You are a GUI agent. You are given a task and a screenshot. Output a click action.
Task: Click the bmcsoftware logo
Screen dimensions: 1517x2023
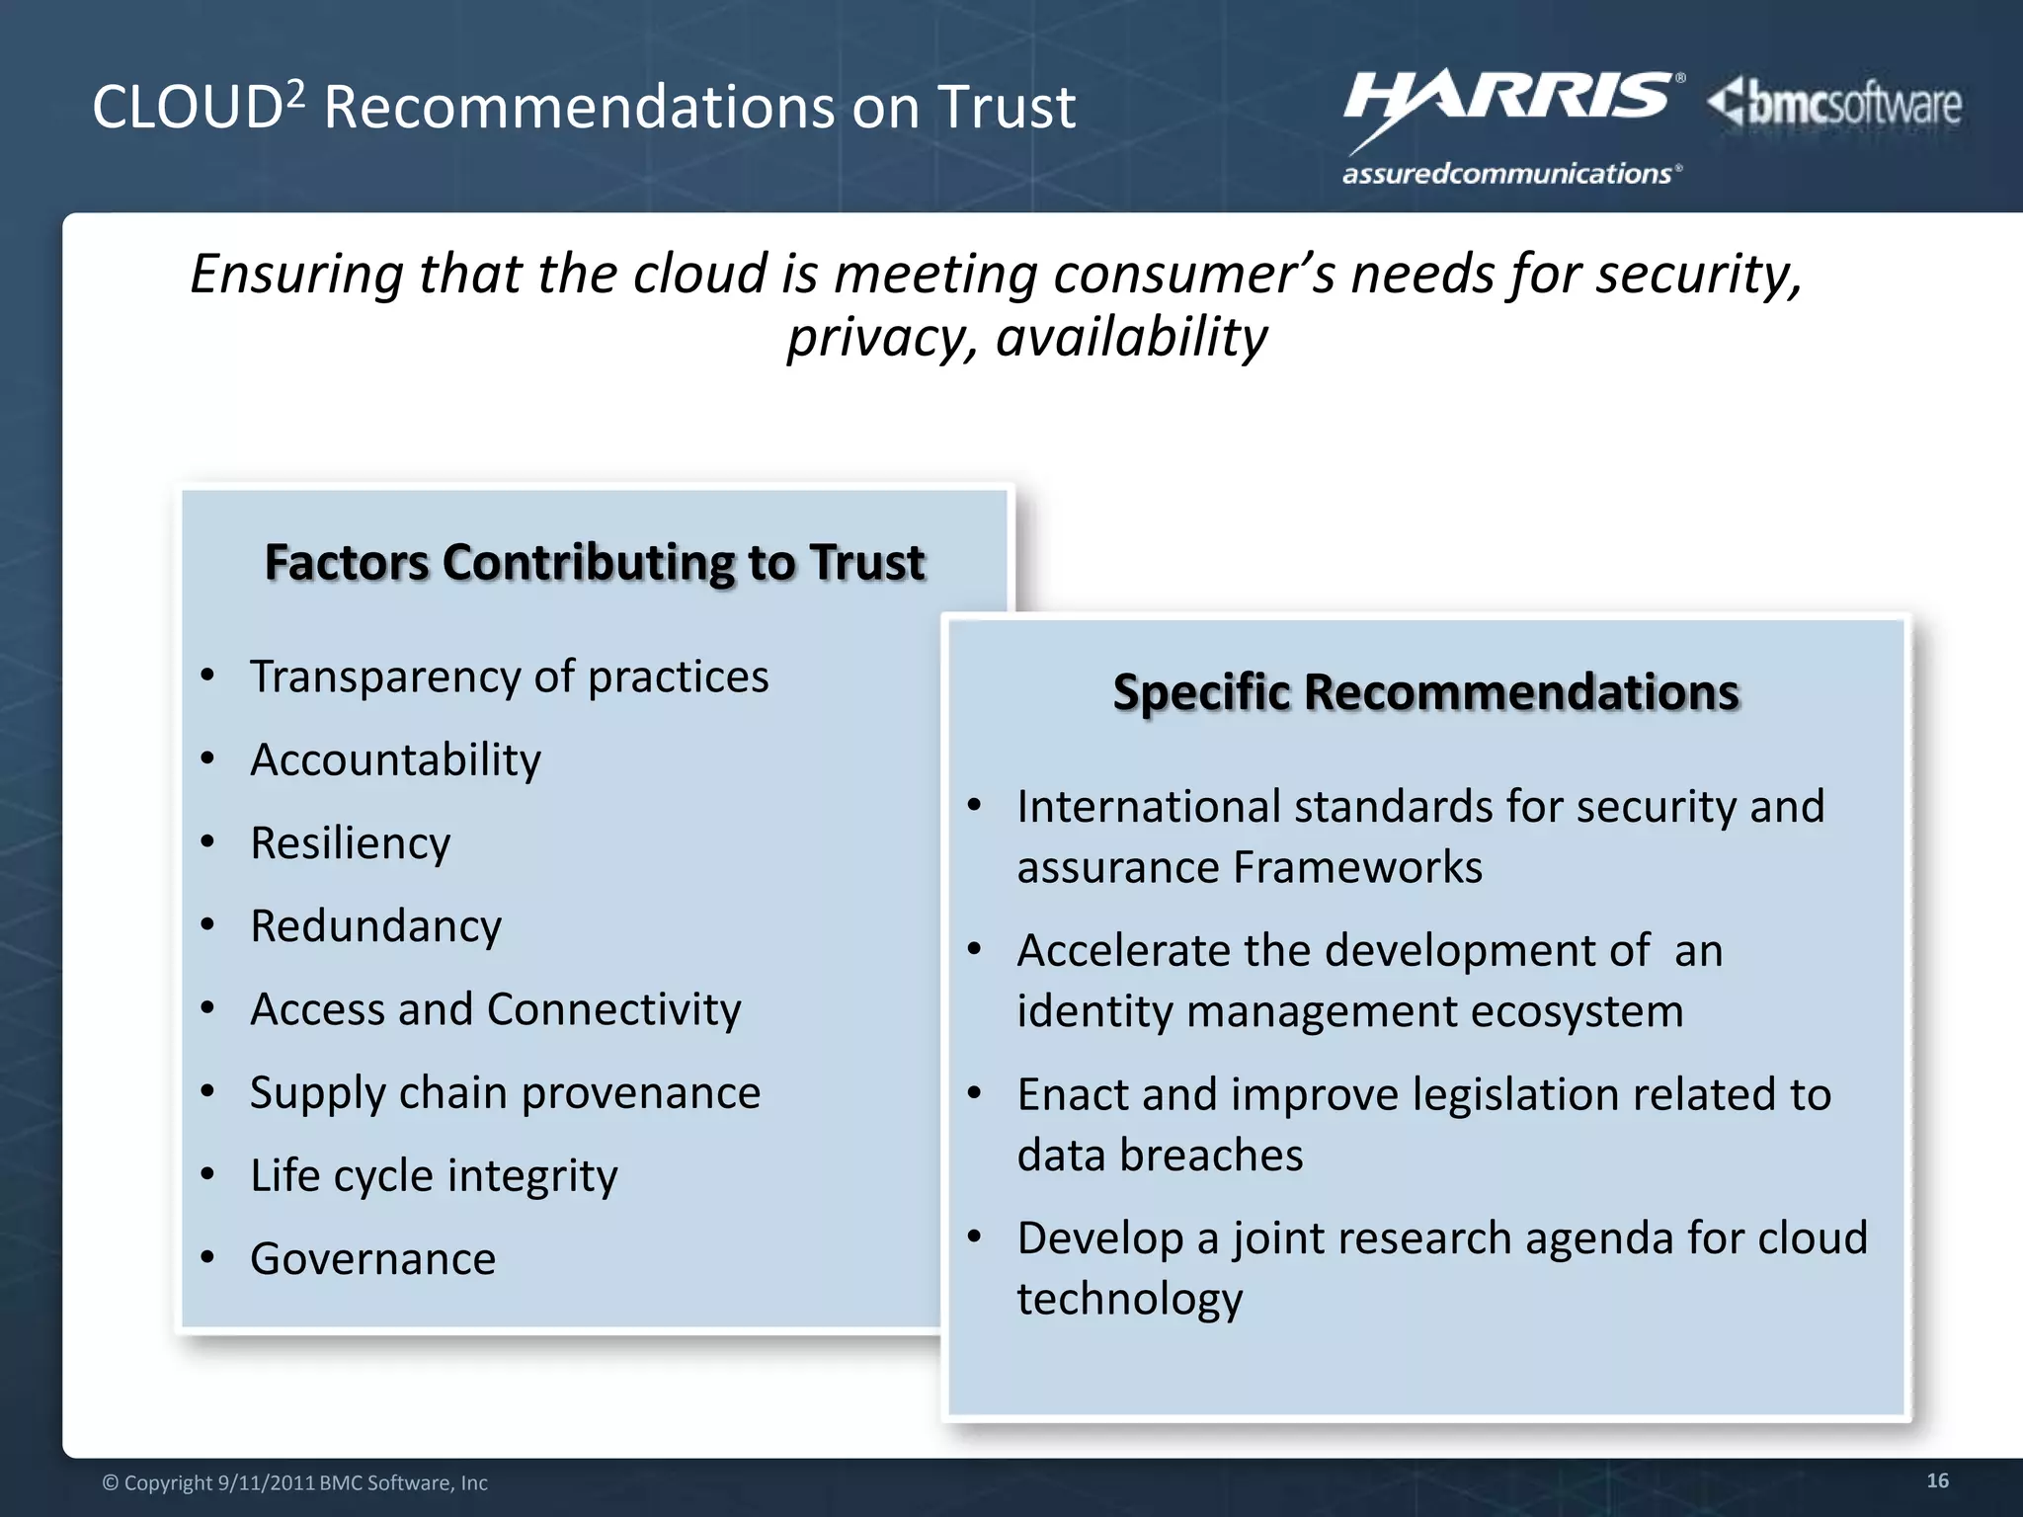click(x=1835, y=105)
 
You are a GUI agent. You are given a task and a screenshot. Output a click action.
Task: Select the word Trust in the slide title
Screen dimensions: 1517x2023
click(x=1006, y=108)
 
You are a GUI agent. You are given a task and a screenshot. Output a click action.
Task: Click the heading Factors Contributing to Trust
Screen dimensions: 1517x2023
click(x=594, y=563)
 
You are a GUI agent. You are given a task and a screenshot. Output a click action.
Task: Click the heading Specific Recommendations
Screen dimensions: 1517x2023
click(x=1425, y=692)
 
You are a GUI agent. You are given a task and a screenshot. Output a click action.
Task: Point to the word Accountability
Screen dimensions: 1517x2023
click(x=395, y=760)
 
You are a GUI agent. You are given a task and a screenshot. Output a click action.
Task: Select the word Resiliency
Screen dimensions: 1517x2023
click(x=351, y=843)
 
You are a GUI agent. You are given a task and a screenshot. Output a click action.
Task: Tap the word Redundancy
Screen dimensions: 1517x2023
click(x=375, y=926)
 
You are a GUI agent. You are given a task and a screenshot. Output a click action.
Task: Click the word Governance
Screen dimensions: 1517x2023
click(x=372, y=1259)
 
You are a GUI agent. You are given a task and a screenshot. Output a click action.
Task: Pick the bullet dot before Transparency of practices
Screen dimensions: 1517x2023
click(x=207, y=677)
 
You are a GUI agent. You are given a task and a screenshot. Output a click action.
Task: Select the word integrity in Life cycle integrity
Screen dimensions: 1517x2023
click(x=532, y=1176)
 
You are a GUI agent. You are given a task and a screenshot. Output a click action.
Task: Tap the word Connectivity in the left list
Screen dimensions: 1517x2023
click(x=613, y=1009)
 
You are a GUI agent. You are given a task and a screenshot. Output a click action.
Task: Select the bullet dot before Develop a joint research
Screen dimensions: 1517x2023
click(x=975, y=1237)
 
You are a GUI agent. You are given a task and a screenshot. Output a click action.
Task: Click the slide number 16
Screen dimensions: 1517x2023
click(x=1937, y=1480)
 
